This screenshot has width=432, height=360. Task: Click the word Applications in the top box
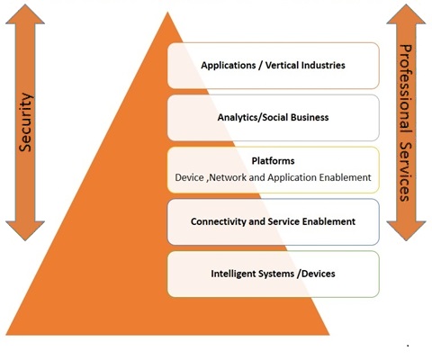[x=229, y=66]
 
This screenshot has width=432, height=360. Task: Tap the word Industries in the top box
[x=323, y=65]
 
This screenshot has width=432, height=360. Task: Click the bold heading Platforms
[x=273, y=161]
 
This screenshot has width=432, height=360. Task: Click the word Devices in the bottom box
[x=319, y=274]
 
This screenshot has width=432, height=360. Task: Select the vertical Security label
[x=25, y=122]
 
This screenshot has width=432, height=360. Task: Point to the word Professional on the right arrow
[x=405, y=89]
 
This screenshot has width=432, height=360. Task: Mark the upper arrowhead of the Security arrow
[x=25, y=14]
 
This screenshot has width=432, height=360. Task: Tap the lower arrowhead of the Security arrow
[x=25, y=230]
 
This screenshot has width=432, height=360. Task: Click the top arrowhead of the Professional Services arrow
[x=406, y=14]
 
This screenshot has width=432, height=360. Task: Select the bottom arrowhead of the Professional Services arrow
[x=406, y=230]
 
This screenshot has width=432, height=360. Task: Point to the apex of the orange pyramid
[x=167, y=13]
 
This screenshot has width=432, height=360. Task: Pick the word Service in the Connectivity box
[x=283, y=221]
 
